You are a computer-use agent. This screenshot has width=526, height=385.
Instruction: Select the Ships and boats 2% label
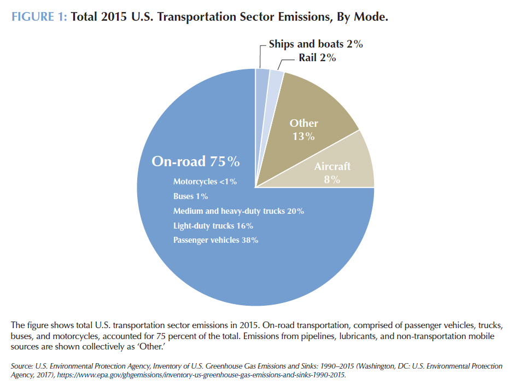click(x=315, y=44)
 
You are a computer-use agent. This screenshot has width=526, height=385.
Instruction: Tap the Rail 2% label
click(x=317, y=57)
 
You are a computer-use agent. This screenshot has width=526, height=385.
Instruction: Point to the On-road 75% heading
click(x=196, y=161)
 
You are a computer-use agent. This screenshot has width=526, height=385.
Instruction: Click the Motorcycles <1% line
click(x=205, y=182)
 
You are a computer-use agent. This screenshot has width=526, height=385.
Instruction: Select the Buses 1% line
click(x=191, y=196)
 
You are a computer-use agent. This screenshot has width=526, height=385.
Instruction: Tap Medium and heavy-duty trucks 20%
click(x=238, y=211)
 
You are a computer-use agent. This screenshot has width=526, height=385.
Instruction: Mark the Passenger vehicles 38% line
click(x=216, y=240)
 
